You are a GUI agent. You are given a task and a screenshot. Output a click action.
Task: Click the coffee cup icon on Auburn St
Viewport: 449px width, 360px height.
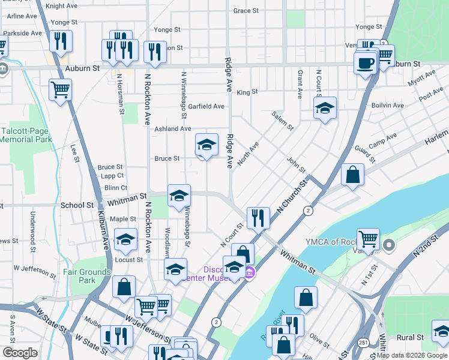(x=364, y=62)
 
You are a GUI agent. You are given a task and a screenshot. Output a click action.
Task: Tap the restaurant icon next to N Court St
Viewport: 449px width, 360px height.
(x=258, y=217)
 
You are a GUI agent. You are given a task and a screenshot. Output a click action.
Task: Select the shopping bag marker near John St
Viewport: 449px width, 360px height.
(x=353, y=175)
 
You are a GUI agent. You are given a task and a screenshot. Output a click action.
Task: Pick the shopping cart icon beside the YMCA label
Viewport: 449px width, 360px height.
(x=368, y=238)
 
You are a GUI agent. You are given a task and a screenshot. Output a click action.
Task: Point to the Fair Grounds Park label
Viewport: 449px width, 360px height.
(x=87, y=276)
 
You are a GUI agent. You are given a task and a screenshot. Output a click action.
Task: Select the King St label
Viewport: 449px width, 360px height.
(x=247, y=92)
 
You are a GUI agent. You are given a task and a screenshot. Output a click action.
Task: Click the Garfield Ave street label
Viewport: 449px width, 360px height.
(x=206, y=106)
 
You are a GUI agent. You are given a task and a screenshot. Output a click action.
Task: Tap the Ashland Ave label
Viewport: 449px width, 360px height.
(x=172, y=129)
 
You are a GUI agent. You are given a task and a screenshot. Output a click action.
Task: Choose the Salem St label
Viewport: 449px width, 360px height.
(x=282, y=121)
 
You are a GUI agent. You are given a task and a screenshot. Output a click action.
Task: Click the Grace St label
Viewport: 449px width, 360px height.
(x=246, y=11)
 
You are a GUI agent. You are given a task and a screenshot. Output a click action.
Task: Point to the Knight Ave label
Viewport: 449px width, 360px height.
(x=62, y=6)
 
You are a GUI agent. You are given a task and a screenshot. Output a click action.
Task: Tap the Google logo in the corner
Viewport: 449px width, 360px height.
(x=20, y=352)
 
